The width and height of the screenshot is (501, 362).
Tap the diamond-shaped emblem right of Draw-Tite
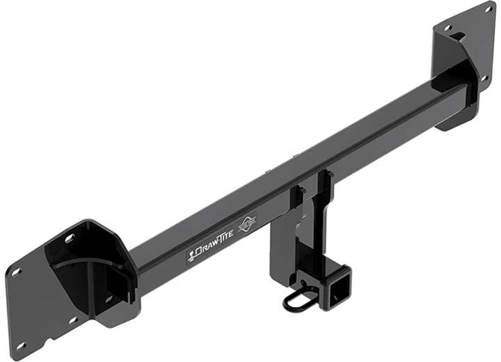pyautogui.click(x=247, y=224)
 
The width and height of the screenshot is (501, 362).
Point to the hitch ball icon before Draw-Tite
pyautogui.click(x=191, y=256)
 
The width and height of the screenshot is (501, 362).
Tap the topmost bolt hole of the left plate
pyautogui.click(x=70, y=238)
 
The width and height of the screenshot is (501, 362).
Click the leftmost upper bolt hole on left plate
pyautogui.click(x=16, y=272)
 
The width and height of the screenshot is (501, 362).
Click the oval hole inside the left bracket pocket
pyautogui.click(x=109, y=298)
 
